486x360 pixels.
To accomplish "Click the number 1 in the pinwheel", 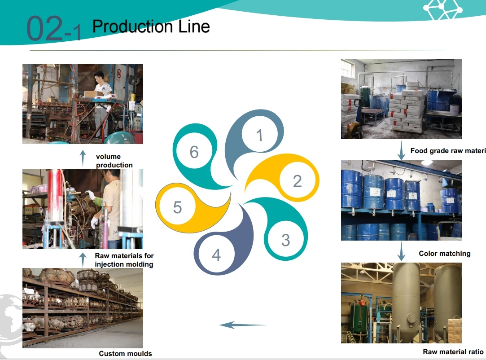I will click(259, 135).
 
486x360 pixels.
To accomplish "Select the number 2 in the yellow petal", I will click(297, 181).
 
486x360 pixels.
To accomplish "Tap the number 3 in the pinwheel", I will click(285, 240).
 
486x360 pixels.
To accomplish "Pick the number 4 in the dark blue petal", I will click(216, 255).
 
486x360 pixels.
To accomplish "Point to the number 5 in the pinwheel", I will click(177, 207).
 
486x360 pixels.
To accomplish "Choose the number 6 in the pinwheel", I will click(194, 152).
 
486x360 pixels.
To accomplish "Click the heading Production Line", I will click(151, 26).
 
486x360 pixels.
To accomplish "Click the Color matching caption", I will click(444, 254).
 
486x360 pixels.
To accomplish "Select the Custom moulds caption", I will click(125, 354).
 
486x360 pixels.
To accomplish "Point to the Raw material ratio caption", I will click(453, 352).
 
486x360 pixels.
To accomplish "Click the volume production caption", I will click(114, 161).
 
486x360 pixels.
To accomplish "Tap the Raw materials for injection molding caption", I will click(124, 260).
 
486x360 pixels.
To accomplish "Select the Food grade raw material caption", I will click(448, 151).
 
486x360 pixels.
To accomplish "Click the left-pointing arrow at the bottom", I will click(243, 325).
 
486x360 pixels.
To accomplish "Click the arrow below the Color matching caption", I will click(401, 252).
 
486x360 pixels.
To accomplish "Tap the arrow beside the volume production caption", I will click(83, 158).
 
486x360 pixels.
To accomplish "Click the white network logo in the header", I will click(442, 10).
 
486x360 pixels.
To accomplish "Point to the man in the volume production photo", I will click(102, 103).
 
